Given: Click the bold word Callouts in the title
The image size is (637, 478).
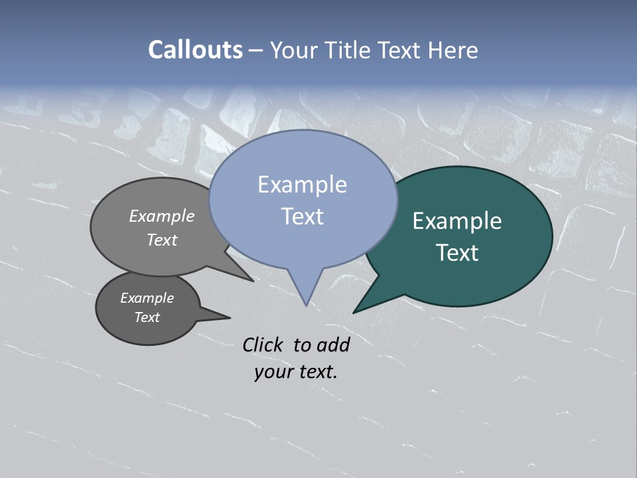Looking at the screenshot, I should [196, 50].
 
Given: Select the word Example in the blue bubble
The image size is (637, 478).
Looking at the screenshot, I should [302, 185].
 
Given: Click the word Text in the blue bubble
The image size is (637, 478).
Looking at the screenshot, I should [302, 216].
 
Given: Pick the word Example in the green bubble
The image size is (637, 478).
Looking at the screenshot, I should [457, 221].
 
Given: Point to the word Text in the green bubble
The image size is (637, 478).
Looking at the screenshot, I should [457, 253].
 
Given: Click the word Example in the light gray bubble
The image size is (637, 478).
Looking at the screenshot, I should [161, 216].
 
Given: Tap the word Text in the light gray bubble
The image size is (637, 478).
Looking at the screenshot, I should [161, 240].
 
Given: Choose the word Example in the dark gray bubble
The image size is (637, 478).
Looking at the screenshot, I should [147, 298].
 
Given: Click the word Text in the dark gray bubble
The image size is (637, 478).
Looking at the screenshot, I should [147, 317].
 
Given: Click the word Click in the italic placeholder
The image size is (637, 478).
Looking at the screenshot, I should [262, 345].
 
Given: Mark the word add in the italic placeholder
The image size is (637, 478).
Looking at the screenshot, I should [333, 345].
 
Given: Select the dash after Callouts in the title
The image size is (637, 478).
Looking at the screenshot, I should [256, 50].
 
